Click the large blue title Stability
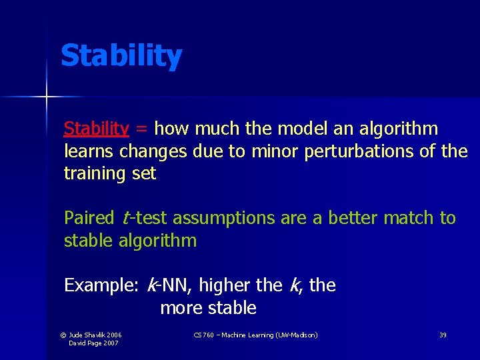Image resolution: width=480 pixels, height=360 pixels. tap(121, 56)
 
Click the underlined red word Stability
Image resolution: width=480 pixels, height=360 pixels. tap(96, 129)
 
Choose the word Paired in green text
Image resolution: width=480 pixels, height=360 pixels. tap(89, 218)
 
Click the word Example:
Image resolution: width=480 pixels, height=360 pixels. tap(101, 286)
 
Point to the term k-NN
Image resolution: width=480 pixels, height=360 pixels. tap(169, 286)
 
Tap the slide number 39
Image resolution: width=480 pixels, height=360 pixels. tap(443, 335)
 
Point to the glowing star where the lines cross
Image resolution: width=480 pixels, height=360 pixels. tap(46, 97)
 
